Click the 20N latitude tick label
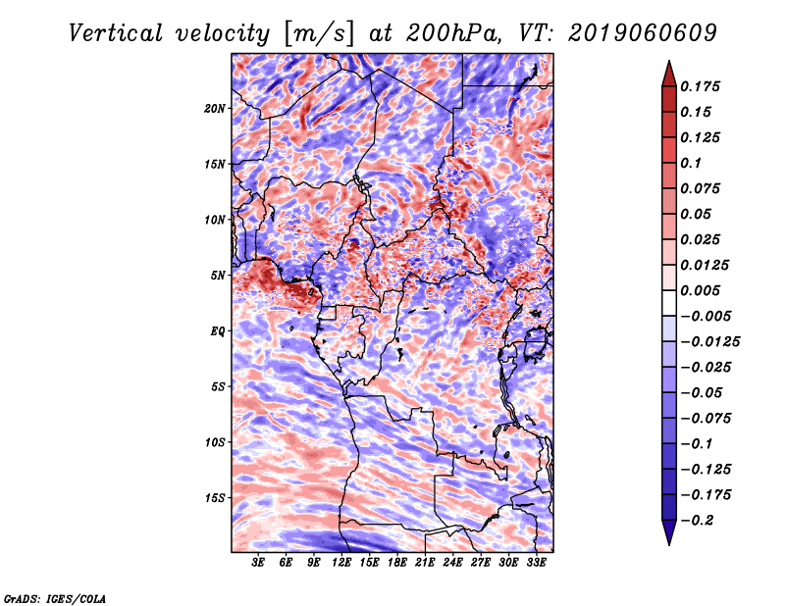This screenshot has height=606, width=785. [215, 109]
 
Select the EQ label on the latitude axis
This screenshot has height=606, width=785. [218, 331]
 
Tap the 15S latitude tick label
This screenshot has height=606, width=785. [215, 498]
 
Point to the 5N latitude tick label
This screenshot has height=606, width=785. [218, 276]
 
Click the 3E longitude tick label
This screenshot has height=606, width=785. [258, 562]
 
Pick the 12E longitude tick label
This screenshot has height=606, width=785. [341, 562]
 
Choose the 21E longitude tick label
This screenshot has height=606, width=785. [425, 562]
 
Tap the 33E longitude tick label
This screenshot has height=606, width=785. [536, 562]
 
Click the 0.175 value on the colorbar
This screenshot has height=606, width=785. [700, 86]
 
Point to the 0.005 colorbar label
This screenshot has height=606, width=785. [700, 290]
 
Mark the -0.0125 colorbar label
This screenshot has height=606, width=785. [709, 342]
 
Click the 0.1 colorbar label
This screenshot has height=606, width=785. [691, 163]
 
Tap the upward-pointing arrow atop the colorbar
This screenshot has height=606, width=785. [669, 74]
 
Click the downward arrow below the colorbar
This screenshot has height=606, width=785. [669, 532]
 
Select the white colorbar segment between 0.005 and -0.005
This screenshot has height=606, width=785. [669, 303]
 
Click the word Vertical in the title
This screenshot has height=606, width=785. [116, 33]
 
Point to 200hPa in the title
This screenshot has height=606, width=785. [453, 33]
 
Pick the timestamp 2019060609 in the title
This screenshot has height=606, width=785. [643, 33]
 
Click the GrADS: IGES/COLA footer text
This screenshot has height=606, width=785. [55, 598]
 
